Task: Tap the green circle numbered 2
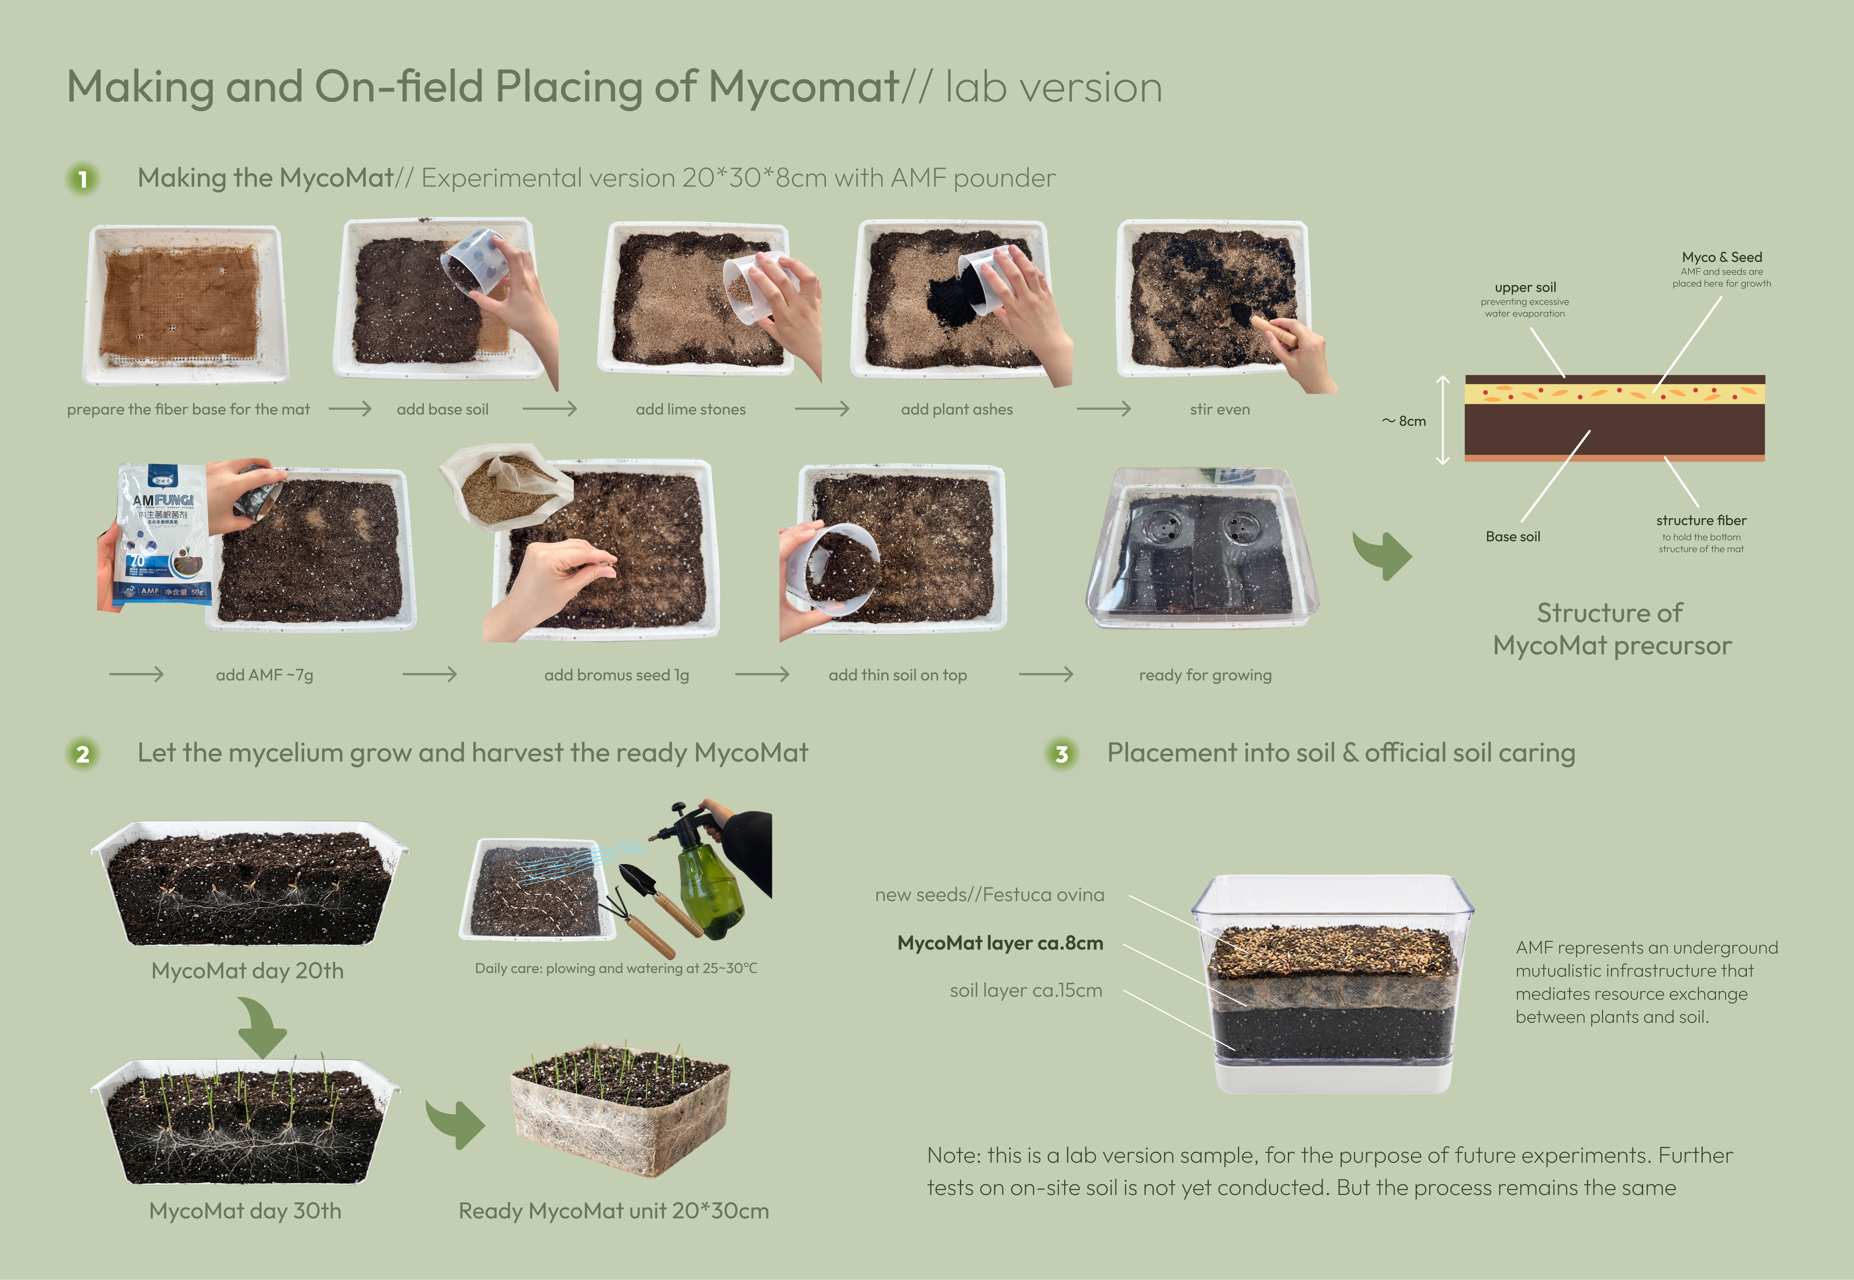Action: click(x=83, y=754)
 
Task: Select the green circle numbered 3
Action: click(x=1062, y=754)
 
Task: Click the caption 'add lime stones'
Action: click(x=691, y=410)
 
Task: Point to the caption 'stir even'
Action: click(x=1220, y=410)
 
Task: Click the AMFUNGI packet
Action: click(x=163, y=536)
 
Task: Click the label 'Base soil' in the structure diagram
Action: click(x=1512, y=537)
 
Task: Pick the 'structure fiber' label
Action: click(x=1701, y=520)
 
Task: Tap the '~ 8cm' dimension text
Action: click(x=1404, y=421)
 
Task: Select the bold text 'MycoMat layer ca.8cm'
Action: click(x=1000, y=943)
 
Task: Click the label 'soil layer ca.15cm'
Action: click(x=1025, y=990)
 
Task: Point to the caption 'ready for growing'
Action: click(x=1205, y=675)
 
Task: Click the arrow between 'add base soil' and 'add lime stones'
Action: click(x=550, y=409)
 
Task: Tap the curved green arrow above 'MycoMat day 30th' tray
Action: click(x=262, y=1026)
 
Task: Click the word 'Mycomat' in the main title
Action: click(x=804, y=87)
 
